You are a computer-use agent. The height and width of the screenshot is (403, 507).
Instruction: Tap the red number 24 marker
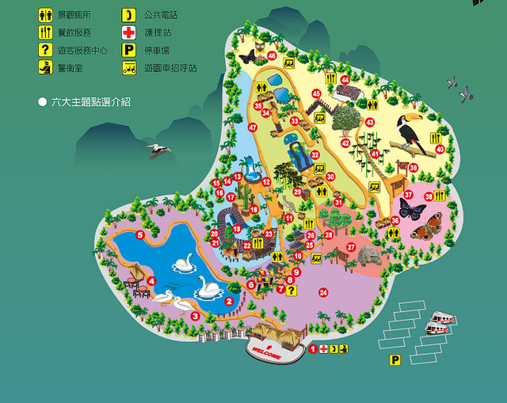click(x=323, y=293)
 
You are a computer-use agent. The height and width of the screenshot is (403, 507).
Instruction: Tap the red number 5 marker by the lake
click(x=139, y=234)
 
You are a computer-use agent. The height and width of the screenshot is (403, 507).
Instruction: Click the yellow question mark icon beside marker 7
click(x=292, y=291)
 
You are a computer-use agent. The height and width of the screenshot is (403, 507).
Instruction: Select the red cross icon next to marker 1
click(x=323, y=348)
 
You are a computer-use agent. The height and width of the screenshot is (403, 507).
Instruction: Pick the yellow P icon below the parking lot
click(x=394, y=360)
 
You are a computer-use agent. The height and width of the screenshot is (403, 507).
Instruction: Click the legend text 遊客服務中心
click(x=84, y=50)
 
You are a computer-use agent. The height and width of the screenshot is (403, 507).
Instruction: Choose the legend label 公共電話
click(x=162, y=14)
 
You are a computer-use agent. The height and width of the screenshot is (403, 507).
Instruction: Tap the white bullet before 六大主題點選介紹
click(x=42, y=102)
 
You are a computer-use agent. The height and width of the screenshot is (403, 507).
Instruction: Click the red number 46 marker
click(x=272, y=56)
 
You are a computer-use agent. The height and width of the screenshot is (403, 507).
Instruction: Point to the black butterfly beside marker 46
click(x=248, y=56)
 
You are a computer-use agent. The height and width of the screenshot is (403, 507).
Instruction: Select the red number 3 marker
click(x=195, y=316)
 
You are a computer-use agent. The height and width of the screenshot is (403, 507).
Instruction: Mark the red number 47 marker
click(x=253, y=127)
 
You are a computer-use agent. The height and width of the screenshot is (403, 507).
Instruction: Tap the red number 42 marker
click(x=345, y=143)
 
